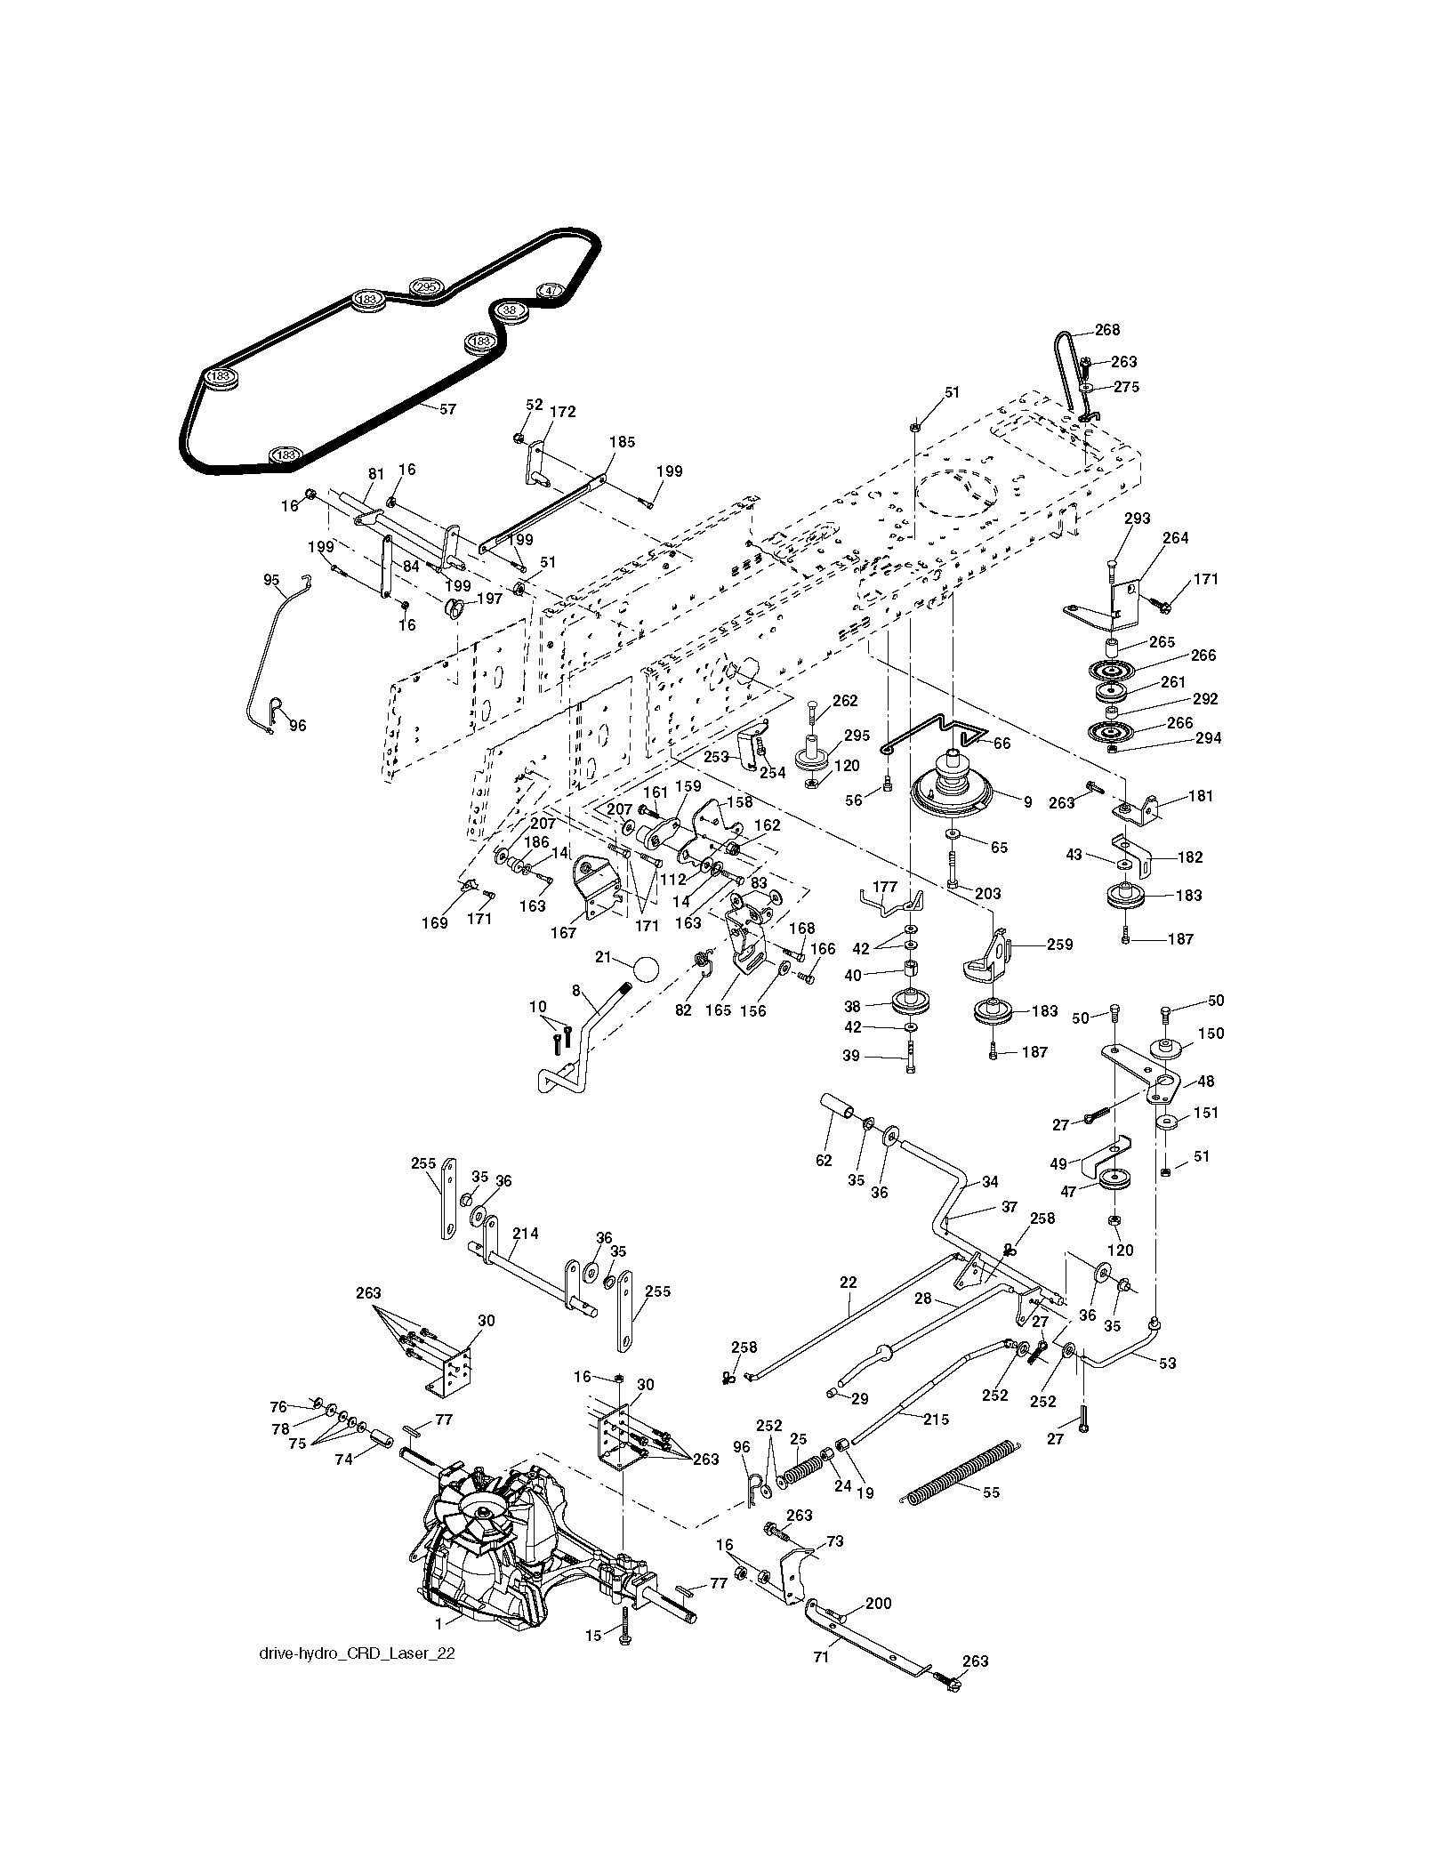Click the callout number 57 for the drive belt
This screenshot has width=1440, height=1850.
click(447, 410)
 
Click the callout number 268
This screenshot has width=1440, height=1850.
click(1107, 330)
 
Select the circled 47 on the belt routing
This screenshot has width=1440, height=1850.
click(551, 290)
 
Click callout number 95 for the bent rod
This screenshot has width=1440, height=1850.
click(272, 580)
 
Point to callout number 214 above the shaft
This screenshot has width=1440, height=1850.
click(525, 1234)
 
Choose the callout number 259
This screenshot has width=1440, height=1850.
click(1059, 945)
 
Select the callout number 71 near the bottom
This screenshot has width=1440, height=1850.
click(821, 1657)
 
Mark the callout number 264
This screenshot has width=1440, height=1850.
click(1175, 538)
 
